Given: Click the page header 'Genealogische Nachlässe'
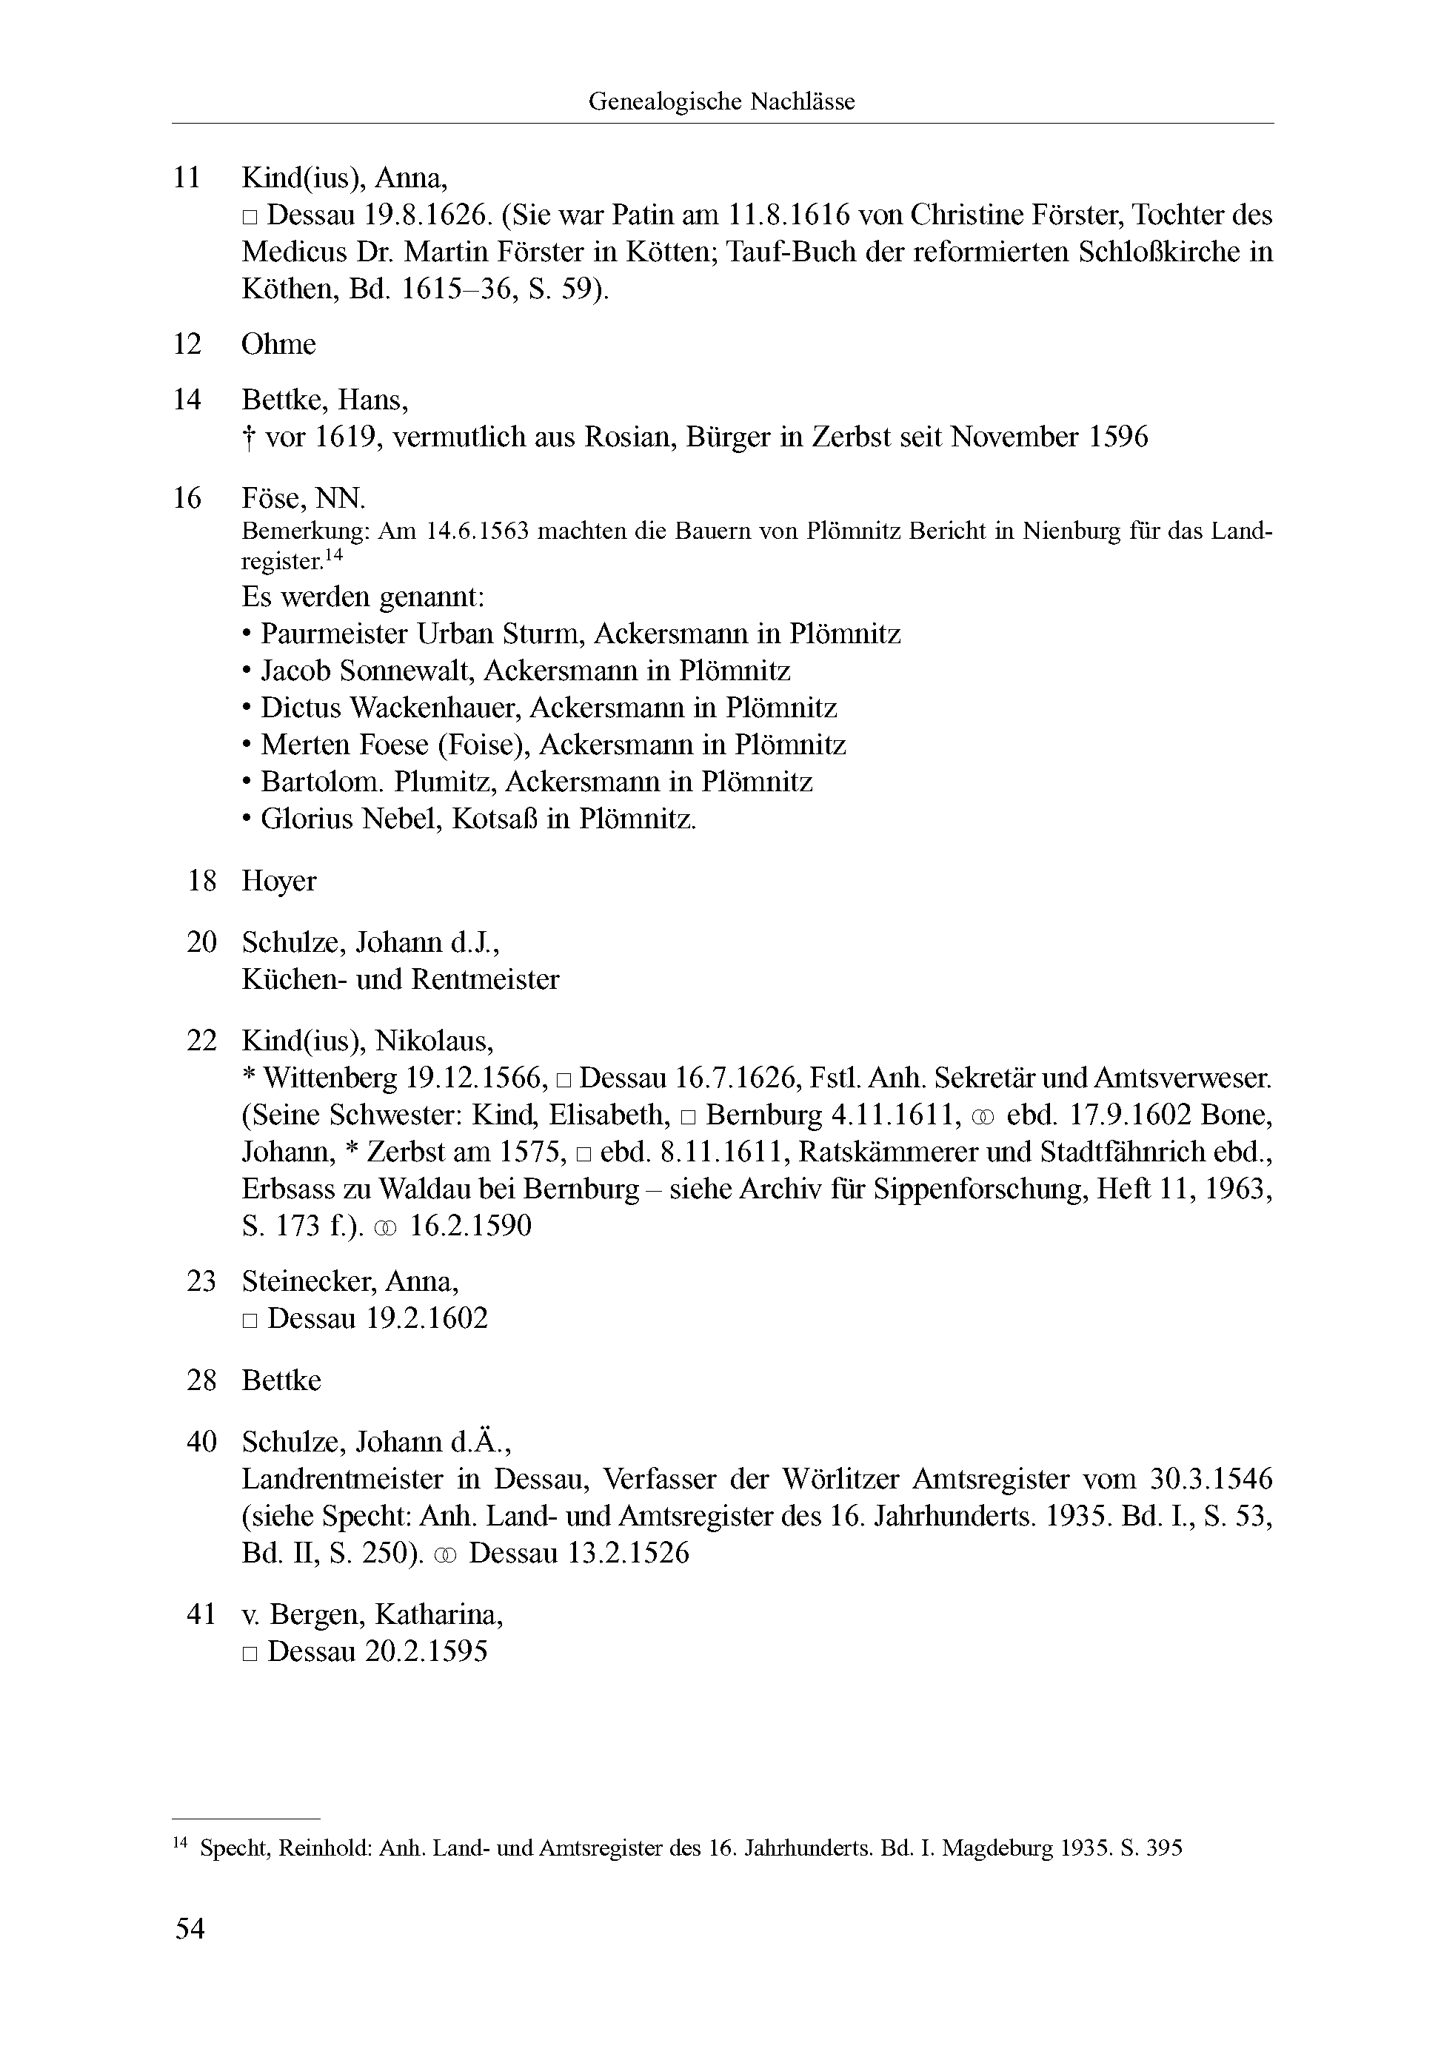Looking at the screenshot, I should pyautogui.click(x=720, y=102).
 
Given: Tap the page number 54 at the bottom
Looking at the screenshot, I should pyautogui.click(x=190, y=1928).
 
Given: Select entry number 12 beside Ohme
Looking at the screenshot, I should pyautogui.click(x=187, y=344).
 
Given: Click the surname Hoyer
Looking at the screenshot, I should pyautogui.click(x=278, y=881).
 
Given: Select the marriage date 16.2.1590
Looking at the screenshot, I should pyautogui.click(x=470, y=1226).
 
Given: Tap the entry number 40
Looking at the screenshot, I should pyautogui.click(x=201, y=1442).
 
